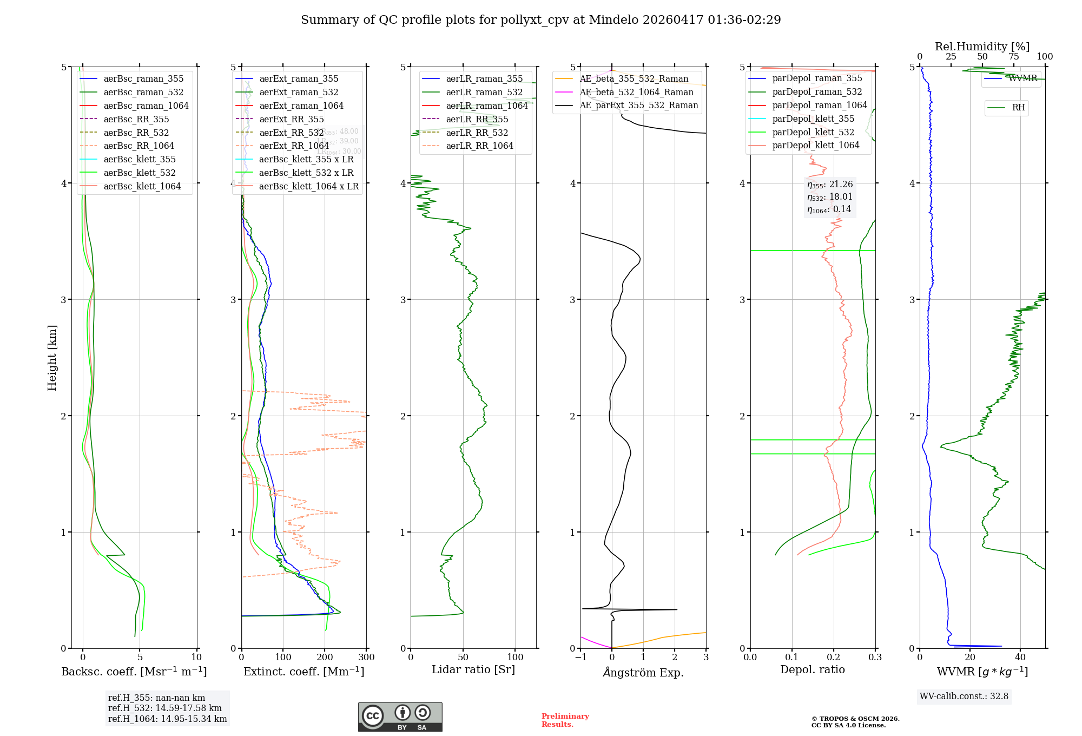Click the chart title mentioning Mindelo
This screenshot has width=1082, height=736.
541,20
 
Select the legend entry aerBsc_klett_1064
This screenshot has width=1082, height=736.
142,187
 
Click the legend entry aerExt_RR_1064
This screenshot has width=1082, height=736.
294,146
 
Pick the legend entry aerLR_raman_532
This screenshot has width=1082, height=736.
484,93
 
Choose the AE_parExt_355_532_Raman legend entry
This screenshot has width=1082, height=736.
639,106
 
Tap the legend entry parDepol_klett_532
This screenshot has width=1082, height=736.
813,133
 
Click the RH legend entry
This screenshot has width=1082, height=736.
1018,108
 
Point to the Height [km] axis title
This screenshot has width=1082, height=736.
52,357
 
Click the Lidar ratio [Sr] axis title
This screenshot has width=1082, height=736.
473,670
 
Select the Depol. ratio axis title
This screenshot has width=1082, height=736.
812,670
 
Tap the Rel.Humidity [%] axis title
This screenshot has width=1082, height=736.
982,47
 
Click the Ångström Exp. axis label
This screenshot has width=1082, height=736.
643,673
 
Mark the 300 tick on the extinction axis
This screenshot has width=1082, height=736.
366,658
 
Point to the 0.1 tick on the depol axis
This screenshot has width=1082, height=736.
792,658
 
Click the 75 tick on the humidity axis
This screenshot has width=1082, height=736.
1013,57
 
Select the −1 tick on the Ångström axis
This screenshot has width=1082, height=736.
580,658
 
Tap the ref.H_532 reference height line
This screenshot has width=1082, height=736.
165,708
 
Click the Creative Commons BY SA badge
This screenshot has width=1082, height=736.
400,717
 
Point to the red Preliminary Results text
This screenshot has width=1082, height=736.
565,720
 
